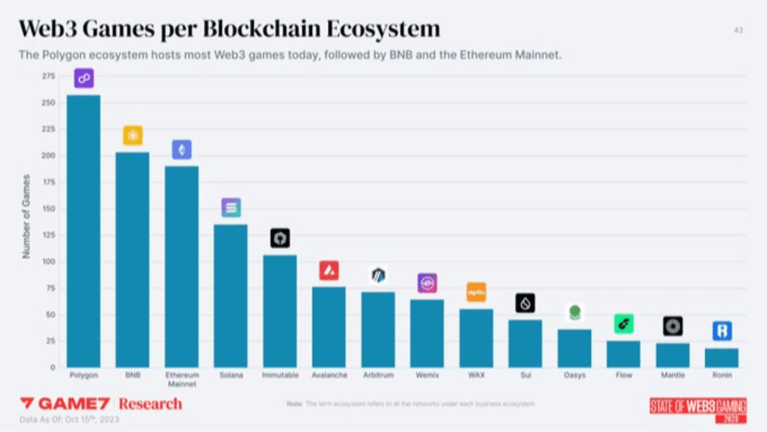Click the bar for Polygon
pos(83,231)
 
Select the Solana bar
pos(231,296)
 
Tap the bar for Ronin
pos(722,358)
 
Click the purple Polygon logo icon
pos(84,78)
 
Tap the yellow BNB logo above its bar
pos(132,136)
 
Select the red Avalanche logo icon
pos(329,271)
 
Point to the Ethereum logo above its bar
pos(182,149)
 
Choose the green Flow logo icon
pos(624,324)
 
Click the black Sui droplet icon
pos(526,303)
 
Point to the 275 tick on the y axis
pos(49,76)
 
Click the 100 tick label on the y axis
pos(49,262)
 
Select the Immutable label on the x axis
pos(280,376)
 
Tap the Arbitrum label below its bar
pos(378,376)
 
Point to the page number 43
pos(738,30)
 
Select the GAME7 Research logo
pos(101,403)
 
